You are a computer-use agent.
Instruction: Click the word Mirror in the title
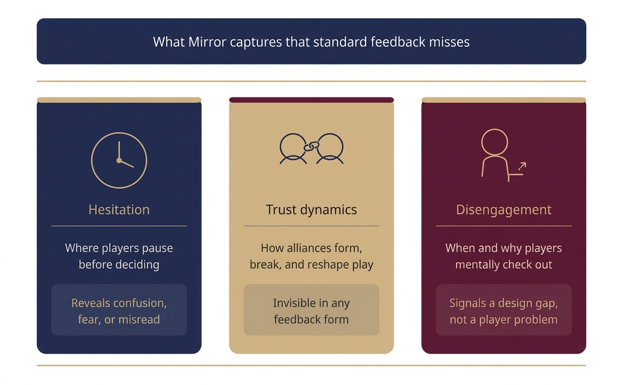[x=207, y=42]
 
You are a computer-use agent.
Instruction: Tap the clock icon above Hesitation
[x=119, y=160]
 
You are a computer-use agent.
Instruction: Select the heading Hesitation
[x=119, y=210]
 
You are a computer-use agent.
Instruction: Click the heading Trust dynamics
[x=311, y=210]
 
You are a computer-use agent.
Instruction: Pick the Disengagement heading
[x=503, y=210]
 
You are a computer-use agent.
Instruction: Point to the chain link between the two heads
[x=311, y=147]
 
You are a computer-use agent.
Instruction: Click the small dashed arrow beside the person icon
[x=522, y=166]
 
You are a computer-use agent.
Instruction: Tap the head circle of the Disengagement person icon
[x=494, y=142]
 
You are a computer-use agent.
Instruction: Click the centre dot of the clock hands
[x=119, y=161]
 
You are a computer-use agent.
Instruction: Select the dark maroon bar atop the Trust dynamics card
[x=311, y=100]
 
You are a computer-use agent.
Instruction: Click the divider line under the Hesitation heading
[x=119, y=226]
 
